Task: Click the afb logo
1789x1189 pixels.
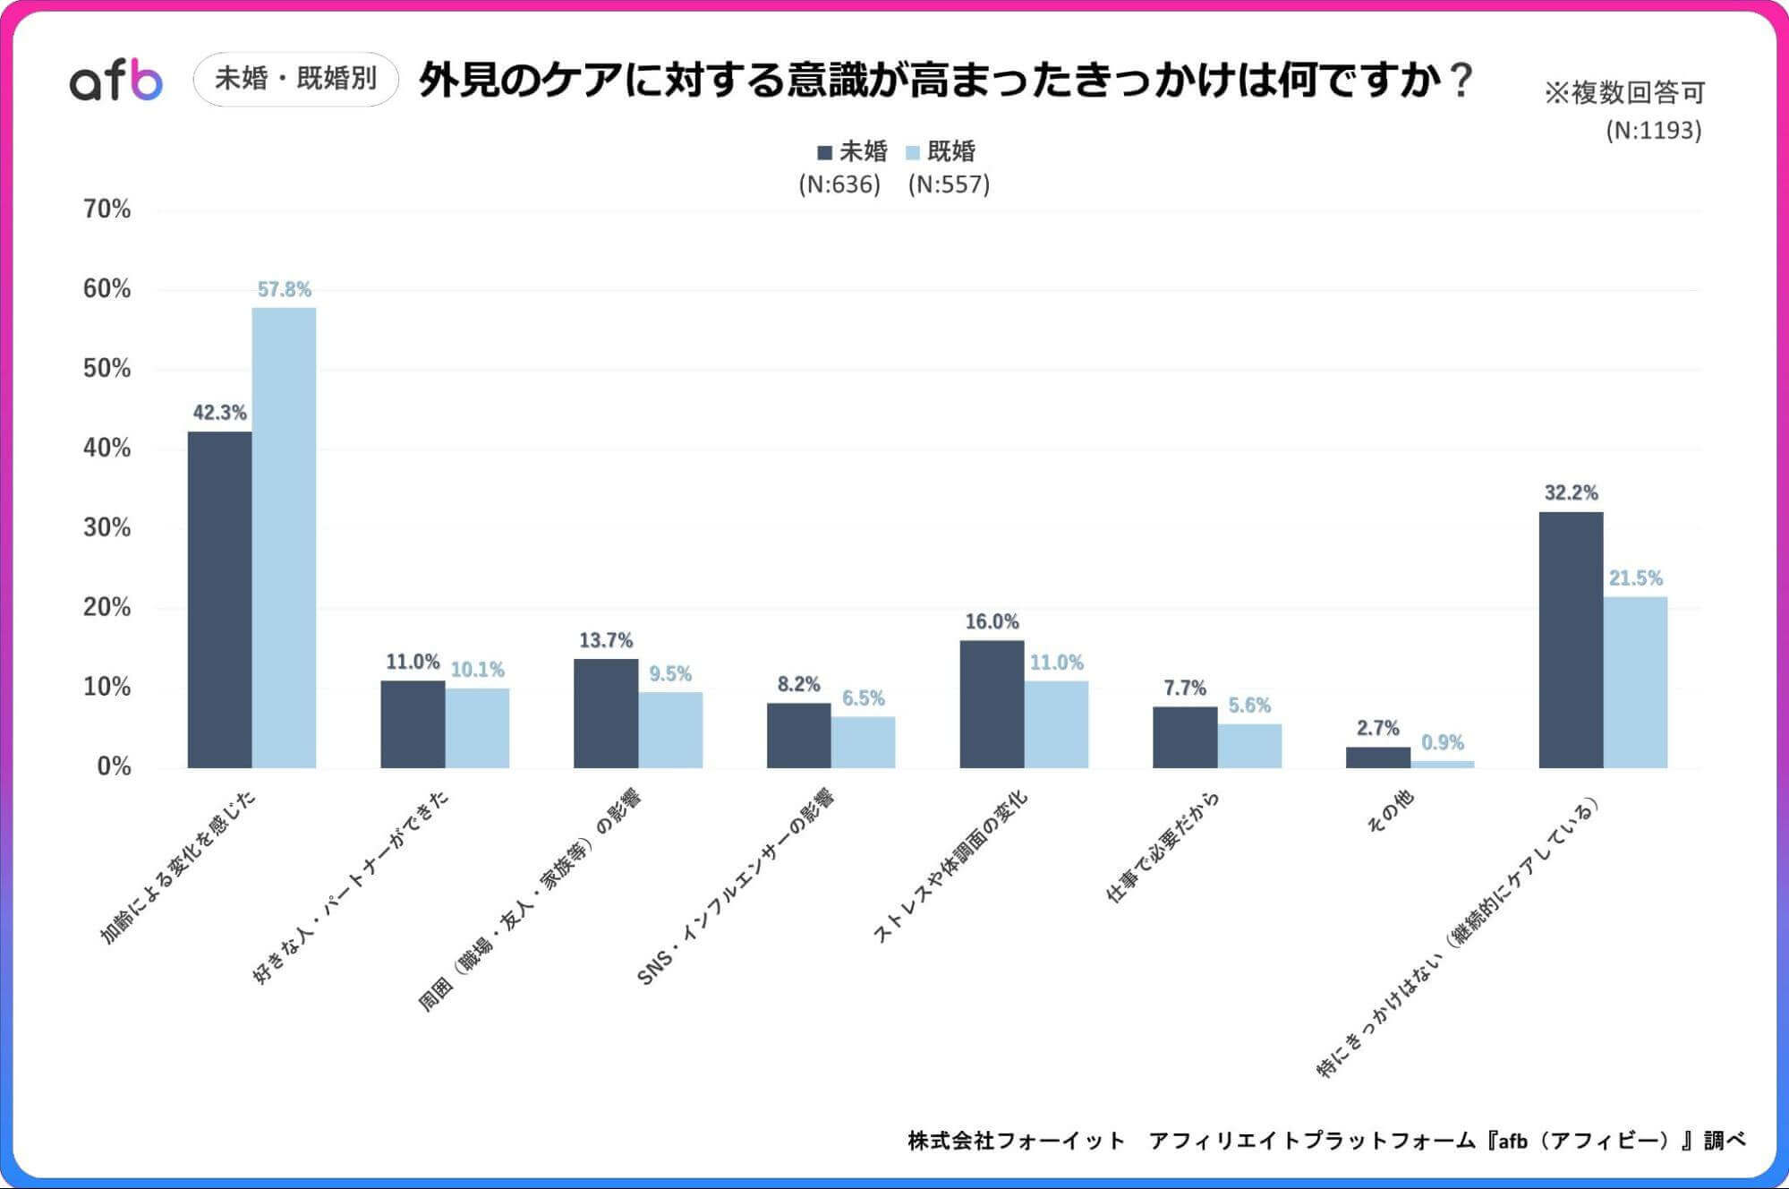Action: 116,81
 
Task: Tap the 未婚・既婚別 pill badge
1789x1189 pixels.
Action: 295,79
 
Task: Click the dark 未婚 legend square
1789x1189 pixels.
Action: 824,152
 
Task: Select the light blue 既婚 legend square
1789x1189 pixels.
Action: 913,152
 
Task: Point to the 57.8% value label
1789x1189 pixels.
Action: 284,289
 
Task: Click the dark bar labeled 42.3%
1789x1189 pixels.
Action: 219,599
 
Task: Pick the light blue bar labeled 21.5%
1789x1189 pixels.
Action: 1635,681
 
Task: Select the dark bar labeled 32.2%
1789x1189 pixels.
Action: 1571,639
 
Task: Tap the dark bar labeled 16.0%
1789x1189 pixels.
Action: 992,704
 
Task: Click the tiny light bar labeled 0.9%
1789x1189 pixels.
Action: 1442,764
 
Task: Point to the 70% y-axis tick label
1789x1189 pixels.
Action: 106,210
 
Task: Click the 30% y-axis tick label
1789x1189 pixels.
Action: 106,527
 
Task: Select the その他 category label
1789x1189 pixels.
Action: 1391,811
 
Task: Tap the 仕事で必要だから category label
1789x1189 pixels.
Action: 1163,846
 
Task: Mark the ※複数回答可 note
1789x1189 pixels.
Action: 1623,92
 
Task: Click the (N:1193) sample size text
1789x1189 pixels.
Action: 1653,131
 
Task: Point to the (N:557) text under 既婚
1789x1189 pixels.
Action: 949,184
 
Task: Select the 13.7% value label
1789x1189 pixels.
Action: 606,640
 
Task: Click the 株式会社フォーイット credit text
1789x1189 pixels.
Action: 1016,1141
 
